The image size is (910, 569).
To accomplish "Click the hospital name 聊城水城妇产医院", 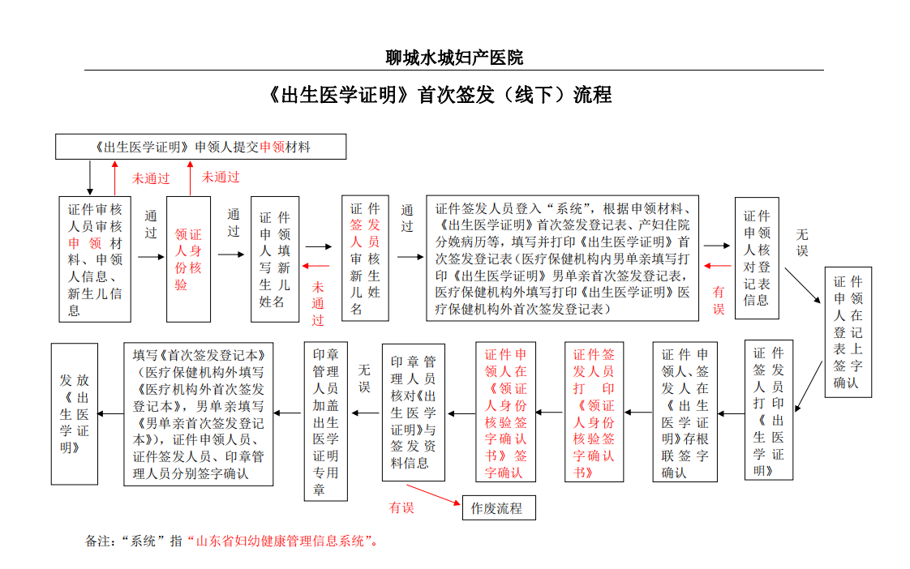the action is coord(454,58).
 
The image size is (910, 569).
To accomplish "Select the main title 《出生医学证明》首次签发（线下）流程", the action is coord(440,95).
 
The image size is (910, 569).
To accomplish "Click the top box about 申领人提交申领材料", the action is coord(201,147).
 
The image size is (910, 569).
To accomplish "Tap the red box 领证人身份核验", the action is coord(189,259).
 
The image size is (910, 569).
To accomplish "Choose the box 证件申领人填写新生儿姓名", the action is coord(275,259).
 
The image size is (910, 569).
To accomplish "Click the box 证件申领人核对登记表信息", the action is coord(757,258).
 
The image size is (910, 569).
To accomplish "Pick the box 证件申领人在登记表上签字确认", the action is coord(848,332).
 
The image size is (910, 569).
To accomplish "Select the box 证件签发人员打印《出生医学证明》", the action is coord(768,410).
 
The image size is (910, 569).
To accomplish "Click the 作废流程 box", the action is coord(499,508).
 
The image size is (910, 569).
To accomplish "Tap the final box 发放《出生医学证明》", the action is coord(75,414).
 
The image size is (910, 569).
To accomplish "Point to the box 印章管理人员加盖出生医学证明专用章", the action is coord(325,421).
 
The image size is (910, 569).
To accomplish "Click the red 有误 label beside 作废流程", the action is coord(401,508).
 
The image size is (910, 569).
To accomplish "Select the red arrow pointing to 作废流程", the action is coord(433,494).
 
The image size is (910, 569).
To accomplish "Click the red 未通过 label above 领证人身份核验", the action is coord(221,177).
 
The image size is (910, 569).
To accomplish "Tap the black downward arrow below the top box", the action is coord(90,178).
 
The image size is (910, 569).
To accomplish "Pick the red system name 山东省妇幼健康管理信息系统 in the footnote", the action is coord(281,541).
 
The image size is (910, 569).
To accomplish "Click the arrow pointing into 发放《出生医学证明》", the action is coord(110,413).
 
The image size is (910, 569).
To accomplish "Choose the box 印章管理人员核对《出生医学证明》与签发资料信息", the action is coord(413,413).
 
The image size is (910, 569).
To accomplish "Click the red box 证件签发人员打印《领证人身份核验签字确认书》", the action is coord(594,412).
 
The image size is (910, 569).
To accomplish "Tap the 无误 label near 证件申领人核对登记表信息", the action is coord(802,242).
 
